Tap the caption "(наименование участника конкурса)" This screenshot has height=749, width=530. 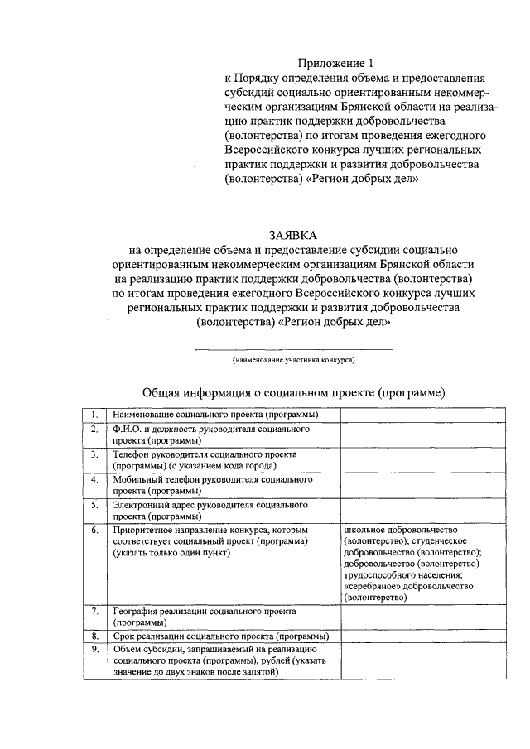[x=293, y=362]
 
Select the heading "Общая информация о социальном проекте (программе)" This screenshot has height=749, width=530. [x=294, y=392]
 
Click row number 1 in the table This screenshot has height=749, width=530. [x=95, y=415]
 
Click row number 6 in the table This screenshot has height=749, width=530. [x=95, y=529]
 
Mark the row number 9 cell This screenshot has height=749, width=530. [x=95, y=650]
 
